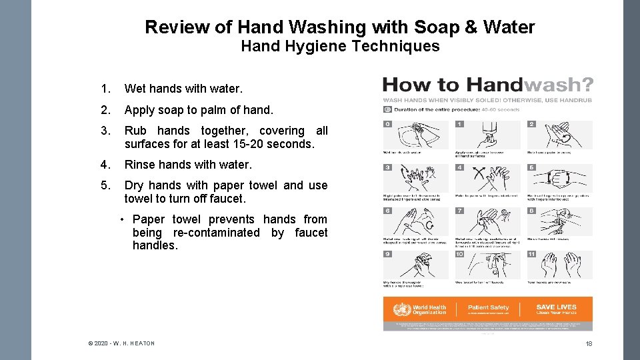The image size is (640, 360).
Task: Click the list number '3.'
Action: pos(105,131)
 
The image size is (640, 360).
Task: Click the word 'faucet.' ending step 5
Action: pos(227,199)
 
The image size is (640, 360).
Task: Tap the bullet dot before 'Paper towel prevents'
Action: pos(123,220)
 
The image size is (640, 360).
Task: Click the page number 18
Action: pos(589,343)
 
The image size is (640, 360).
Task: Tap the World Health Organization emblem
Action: pos(402,309)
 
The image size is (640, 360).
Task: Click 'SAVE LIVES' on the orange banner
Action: pos(556,307)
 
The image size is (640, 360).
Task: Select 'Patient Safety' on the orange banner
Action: pos(488,307)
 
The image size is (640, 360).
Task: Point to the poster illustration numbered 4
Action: pos(487,179)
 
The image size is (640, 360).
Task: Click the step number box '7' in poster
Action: pos(459,211)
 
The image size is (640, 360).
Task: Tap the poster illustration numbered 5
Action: pos(559,179)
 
